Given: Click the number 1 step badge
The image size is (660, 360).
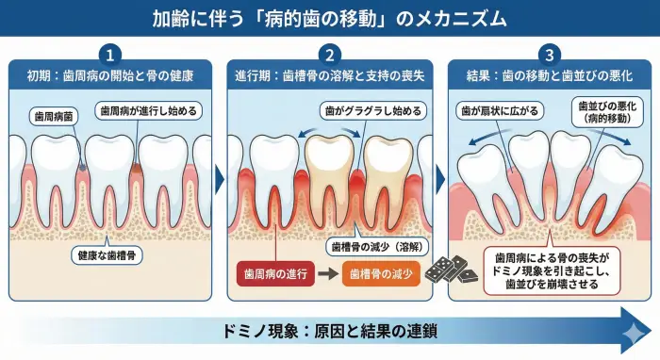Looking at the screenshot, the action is pyautogui.click(x=112, y=54).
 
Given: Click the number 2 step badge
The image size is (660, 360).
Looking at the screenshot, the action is pyautogui.click(x=329, y=54).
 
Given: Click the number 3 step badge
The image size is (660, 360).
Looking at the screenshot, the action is pyautogui.click(x=547, y=54).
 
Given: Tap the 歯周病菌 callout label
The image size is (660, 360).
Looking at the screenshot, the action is pyautogui.click(x=53, y=116).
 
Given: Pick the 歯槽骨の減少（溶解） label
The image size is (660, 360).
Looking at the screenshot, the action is pyautogui.click(x=376, y=247).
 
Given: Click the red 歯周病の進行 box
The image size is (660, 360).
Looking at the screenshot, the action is pyautogui.click(x=272, y=274).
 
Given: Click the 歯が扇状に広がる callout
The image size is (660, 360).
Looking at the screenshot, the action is pyautogui.click(x=501, y=110).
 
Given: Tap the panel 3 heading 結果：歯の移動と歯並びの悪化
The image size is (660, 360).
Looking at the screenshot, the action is pyautogui.click(x=547, y=74).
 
